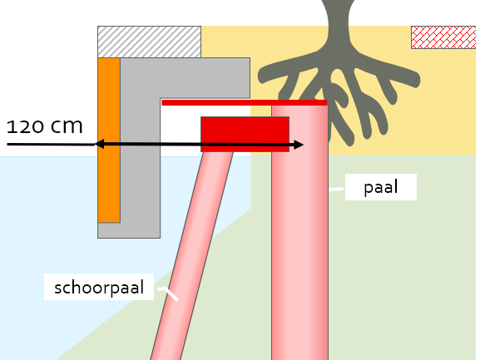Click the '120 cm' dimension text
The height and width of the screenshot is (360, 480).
click(45, 126)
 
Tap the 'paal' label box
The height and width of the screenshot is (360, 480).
click(381, 187)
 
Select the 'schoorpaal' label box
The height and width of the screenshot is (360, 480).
click(99, 287)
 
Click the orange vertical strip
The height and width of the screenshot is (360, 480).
click(109, 140)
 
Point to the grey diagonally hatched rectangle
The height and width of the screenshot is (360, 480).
click(150, 42)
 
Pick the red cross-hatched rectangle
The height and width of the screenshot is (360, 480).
click(443, 37)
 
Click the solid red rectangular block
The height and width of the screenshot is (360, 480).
click(245, 134)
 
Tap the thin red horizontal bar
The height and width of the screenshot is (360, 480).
click(245, 103)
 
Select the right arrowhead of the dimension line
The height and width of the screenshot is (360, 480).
click(299, 145)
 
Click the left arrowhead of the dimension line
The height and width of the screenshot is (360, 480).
click(99, 144)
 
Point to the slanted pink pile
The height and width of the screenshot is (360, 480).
click(192, 256)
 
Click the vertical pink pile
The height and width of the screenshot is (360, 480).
click(299, 233)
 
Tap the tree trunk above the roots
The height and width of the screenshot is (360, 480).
click(338, 24)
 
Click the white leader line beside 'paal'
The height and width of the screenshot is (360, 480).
click(337, 190)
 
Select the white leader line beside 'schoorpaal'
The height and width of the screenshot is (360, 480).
click(168, 293)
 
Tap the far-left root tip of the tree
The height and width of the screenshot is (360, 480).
click(262, 76)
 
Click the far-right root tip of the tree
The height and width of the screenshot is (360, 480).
click(416, 80)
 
